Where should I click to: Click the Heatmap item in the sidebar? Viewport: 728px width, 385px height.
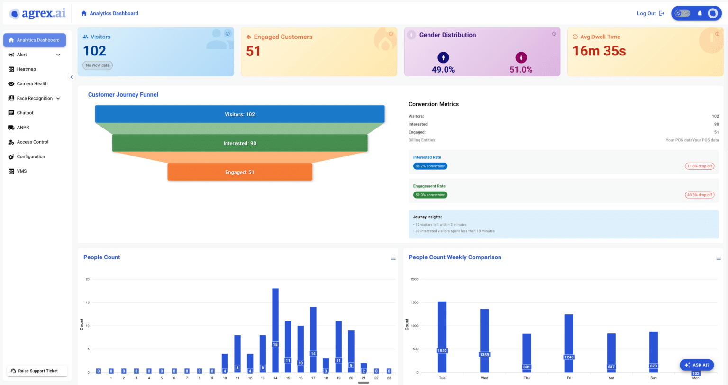(26, 69)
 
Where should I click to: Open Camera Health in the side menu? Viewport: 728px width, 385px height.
(32, 84)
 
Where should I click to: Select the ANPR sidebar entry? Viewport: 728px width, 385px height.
(23, 128)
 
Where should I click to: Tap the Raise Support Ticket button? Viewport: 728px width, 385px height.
(37, 371)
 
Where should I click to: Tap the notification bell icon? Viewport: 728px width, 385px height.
(700, 13)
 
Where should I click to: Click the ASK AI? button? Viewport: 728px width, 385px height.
(697, 365)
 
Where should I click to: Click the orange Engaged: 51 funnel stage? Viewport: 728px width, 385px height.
(240, 172)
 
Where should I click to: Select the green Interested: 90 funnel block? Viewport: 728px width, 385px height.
(240, 143)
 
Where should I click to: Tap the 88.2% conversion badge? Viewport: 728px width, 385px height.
(430, 166)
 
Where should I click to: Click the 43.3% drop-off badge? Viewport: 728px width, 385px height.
(700, 195)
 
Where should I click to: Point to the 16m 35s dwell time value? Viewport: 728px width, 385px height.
(599, 51)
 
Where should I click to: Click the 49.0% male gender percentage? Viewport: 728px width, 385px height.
(443, 70)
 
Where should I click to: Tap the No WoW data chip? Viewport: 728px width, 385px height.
(98, 65)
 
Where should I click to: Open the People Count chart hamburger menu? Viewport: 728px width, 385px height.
(393, 258)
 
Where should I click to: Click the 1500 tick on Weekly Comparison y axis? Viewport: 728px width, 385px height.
(414, 302)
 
